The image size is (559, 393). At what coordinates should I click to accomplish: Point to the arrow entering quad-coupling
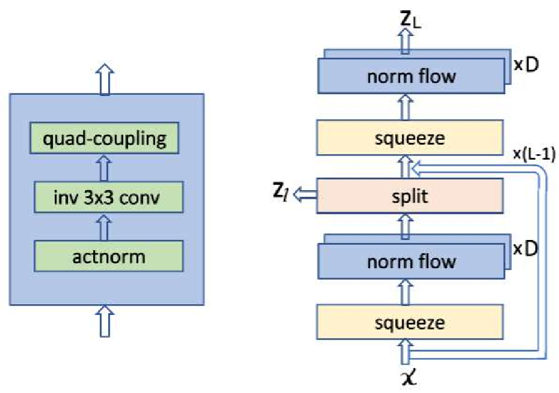tap(106, 167)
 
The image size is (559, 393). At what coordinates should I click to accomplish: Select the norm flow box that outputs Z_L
tap(412, 76)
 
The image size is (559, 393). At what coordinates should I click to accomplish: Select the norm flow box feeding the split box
tap(412, 262)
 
